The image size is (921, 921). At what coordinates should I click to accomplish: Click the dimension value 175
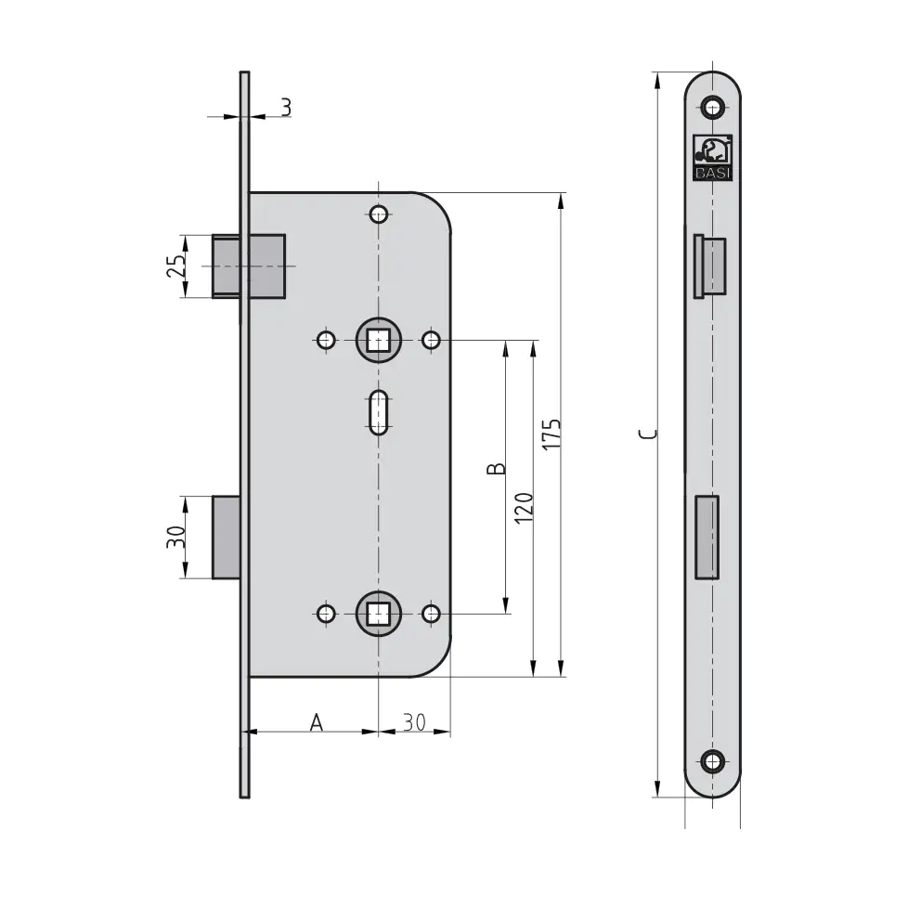pyautogui.click(x=551, y=435)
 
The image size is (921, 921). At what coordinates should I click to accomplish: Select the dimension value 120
pyautogui.click(x=524, y=508)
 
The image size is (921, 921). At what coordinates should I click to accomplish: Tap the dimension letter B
pyautogui.click(x=497, y=468)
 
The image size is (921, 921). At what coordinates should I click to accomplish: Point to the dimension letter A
pyautogui.click(x=316, y=722)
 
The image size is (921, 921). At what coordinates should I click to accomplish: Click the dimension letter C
pyautogui.click(x=648, y=435)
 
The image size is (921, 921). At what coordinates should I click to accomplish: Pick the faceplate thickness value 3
pyautogui.click(x=286, y=108)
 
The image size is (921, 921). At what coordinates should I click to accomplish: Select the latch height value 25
pyautogui.click(x=176, y=266)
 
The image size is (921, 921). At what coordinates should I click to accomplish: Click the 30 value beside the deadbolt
pyautogui.click(x=175, y=537)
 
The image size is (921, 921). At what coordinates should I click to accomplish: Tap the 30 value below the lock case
pyautogui.click(x=414, y=722)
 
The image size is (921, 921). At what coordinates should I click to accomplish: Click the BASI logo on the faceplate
pyautogui.click(x=712, y=158)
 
